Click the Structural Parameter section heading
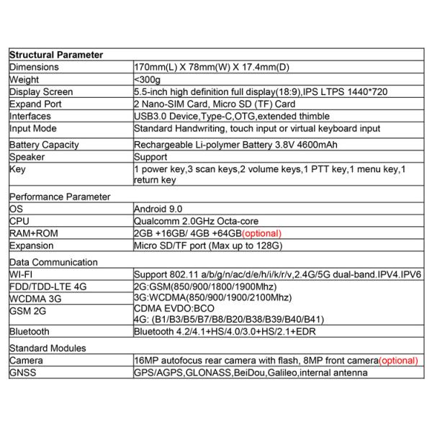[x=55, y=55]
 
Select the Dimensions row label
[x=34, y=67]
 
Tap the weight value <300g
[x=146, y=79]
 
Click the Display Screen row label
[x=42, y=92]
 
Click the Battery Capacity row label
[x=44, y=145]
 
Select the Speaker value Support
[x=150, y=157]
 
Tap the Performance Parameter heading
[x=60, y=196]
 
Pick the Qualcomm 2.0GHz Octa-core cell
[x=196, y=221]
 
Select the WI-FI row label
[x=22, y=274]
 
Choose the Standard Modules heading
[x=48, y=348]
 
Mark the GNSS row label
[x=23, y=372]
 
